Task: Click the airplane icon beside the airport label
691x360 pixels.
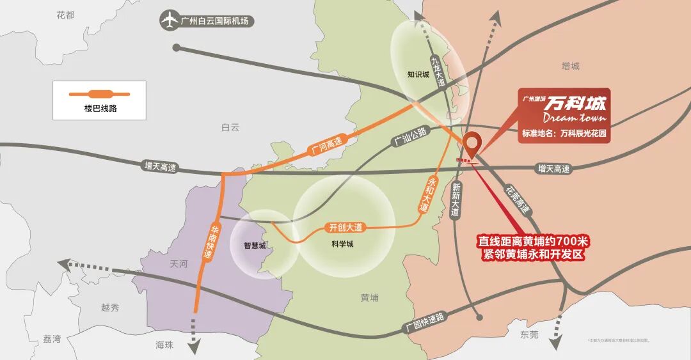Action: tap(170, 20)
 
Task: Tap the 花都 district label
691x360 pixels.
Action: tap(65, 14)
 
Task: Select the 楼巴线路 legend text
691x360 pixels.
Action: tap(100, 109)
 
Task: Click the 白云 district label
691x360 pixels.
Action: tap(230, 127)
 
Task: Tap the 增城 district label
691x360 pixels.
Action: tap(569, 66)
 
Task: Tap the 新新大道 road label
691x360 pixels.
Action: tap(456, 199)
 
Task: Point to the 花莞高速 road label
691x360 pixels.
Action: tap(518, 199)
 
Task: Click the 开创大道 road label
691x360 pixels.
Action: tap(345, 227)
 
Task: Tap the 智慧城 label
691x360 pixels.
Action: tap(254, 245)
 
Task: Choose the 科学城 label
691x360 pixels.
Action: tap(342, 244)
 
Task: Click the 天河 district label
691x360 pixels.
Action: tap(179, 264)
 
